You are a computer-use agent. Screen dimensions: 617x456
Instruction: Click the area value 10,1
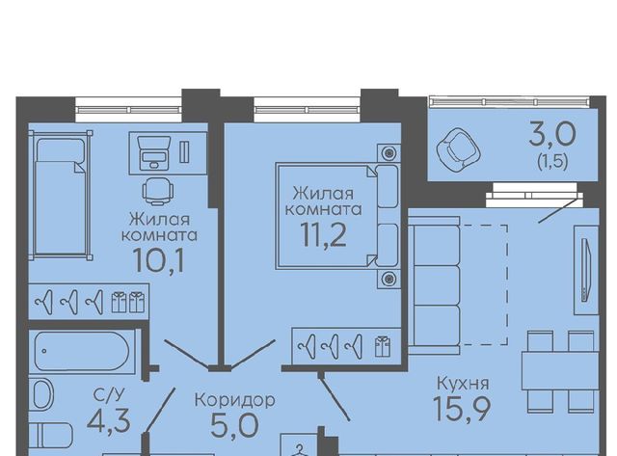158,260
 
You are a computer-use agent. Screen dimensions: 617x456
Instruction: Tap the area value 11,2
324,234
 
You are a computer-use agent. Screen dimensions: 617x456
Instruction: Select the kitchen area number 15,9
462,409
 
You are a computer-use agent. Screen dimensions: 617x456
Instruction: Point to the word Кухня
463,383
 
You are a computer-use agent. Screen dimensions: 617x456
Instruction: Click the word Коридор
235,400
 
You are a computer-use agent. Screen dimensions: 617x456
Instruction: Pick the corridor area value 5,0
235,425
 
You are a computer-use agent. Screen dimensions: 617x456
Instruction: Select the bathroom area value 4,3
109,420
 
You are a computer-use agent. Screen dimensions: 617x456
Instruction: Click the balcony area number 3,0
552,134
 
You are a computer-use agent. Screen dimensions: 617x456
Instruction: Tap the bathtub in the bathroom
82,351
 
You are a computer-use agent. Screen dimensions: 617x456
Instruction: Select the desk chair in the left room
158,191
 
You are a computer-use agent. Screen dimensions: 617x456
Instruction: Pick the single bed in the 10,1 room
61,196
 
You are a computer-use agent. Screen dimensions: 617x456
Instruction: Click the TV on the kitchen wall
586,270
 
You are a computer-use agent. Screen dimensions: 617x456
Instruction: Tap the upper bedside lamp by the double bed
389,152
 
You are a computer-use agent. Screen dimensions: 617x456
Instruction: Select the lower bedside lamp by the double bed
389,279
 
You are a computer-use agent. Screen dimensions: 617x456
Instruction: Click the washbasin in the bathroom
41,394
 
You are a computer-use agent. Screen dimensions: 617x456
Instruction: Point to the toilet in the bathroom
51,436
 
